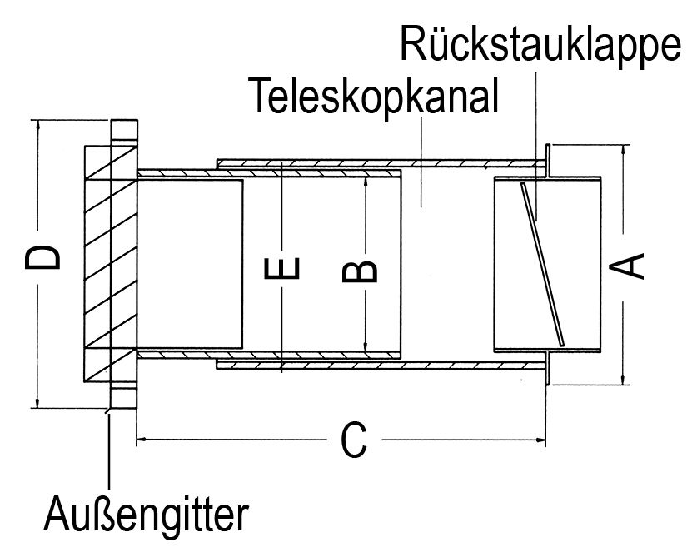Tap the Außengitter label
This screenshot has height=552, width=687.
pyautogui.click(x=147, y=513)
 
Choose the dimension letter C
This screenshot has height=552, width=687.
pyautogui.click(x=353, y=440)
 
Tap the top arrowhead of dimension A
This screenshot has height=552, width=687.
pyautogui.click(x=624, y=150)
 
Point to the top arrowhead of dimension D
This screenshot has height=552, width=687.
pyautogui.click(x=37, y=123)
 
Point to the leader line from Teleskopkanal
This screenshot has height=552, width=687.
pyautogui.click(x=421, y=162)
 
